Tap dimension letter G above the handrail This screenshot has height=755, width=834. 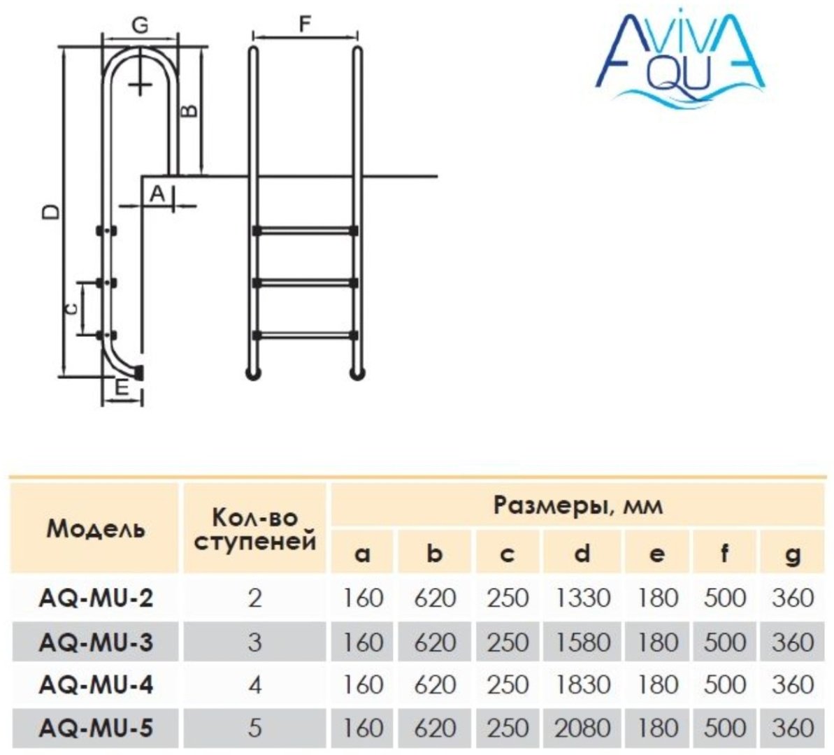(x=140, y=25)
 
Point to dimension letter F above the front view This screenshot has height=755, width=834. (x=305, y=24)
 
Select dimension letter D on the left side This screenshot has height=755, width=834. (x=51, y=211)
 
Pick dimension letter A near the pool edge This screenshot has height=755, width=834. (x=157, y=194)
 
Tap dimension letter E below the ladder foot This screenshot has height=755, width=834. (x=122, y=387)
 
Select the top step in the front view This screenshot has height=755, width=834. (x=305, y=231)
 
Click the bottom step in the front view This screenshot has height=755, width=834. (x=305, y=335)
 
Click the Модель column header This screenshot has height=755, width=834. (x=96, y=529)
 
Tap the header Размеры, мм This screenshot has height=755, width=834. (x=578, y=505)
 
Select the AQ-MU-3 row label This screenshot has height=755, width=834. (x=96, y=642)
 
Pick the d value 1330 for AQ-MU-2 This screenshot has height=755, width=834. (x=582, y=598)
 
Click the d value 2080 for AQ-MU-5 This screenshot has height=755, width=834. (x=582, y=728)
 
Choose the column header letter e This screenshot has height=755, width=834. (x=657, y=554)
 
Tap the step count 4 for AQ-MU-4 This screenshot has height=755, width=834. (x=255, y=685)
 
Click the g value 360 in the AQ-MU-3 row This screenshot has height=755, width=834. (x=793, y=642)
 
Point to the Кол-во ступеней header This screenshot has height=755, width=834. (x=254, y=529)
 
